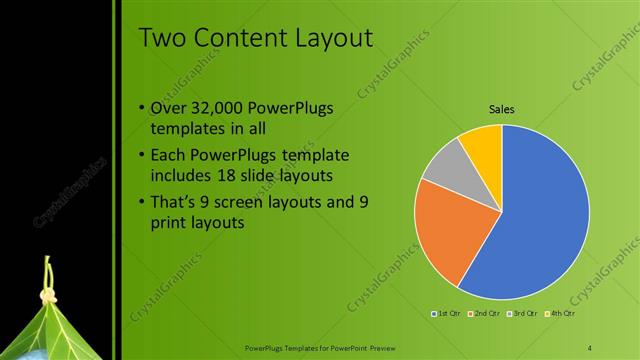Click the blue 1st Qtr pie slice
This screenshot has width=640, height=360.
pos(545,215)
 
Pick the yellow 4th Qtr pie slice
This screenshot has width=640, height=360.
pos(483,145)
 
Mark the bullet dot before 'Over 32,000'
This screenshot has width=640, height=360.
pos(141,108)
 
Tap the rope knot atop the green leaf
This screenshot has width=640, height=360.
pos(46,296)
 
